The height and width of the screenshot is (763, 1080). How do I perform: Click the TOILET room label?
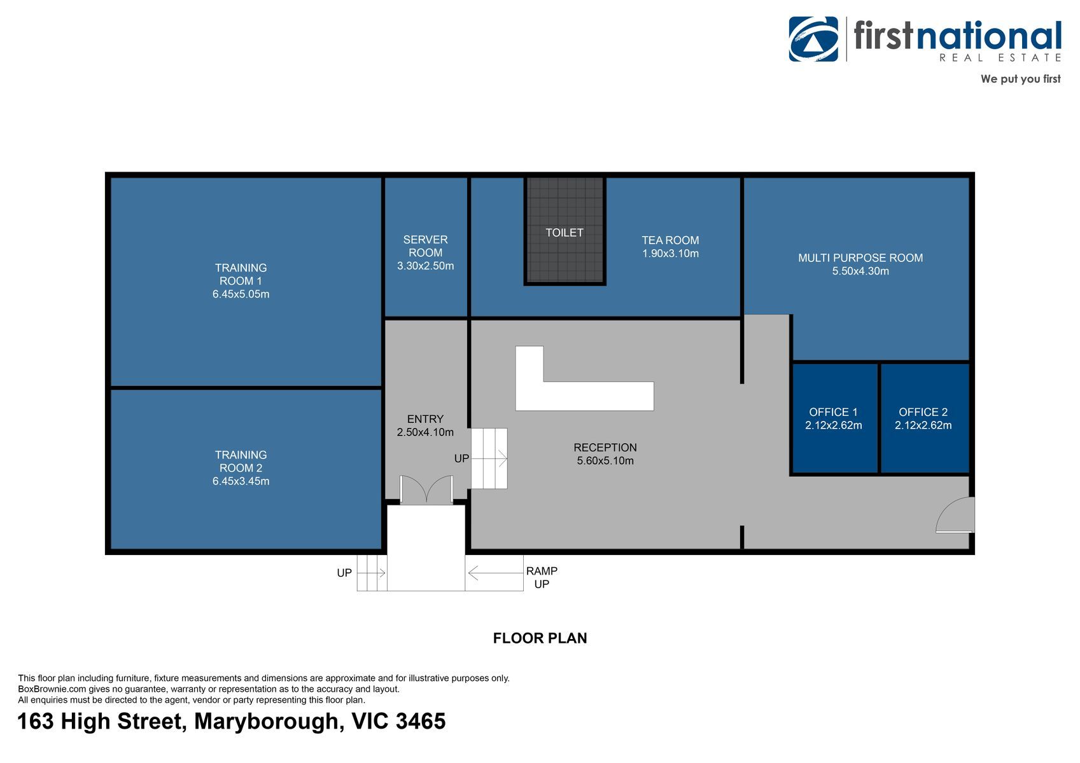tap(564, 233)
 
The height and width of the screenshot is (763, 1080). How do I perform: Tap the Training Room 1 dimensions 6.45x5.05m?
tap(241, 294)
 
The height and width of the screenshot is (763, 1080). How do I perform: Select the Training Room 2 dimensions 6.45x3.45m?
tap(241, 481)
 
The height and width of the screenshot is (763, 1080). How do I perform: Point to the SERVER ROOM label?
tap(425, 245)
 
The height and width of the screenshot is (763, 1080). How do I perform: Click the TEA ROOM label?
tap(670, 240)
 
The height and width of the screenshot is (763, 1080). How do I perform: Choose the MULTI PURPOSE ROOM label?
tap(860, 258)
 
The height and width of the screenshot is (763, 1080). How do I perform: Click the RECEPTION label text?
tap(605, 448)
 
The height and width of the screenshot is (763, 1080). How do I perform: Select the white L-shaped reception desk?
tap(584, 396)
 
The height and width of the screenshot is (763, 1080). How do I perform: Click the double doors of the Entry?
tap(426, 489)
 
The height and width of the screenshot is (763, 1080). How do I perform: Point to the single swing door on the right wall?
tap(955, 516)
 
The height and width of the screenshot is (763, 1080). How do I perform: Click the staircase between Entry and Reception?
tap(489, 458)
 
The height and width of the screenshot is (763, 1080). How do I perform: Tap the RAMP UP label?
tap(542, 577)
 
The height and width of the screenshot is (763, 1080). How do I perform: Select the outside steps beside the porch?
tap(372, 573)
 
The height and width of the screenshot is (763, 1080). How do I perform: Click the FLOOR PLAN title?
tap(540, 638)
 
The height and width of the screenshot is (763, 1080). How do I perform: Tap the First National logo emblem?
tap(813, 39)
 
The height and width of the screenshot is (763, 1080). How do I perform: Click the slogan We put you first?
tap(1020, 79)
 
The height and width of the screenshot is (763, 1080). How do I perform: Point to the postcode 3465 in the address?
tap(421, 721)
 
